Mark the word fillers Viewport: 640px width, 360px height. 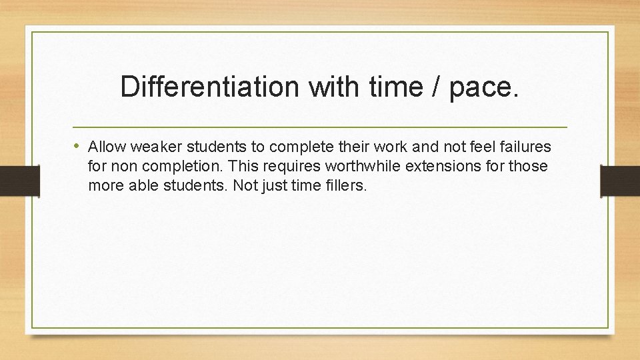click(345, 185)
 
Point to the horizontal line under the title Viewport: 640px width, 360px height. click(319, 127)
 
